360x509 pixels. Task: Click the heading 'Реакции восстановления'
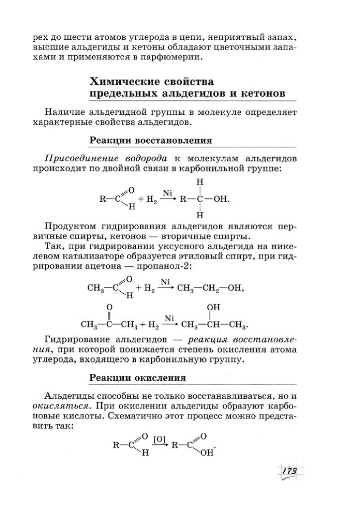click(151, 140)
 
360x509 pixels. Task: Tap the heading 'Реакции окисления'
click(138, 378)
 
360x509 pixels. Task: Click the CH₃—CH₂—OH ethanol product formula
click(209, 287)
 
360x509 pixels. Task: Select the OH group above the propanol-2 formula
click(213, 307)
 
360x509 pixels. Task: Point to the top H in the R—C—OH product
click(200, 183)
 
